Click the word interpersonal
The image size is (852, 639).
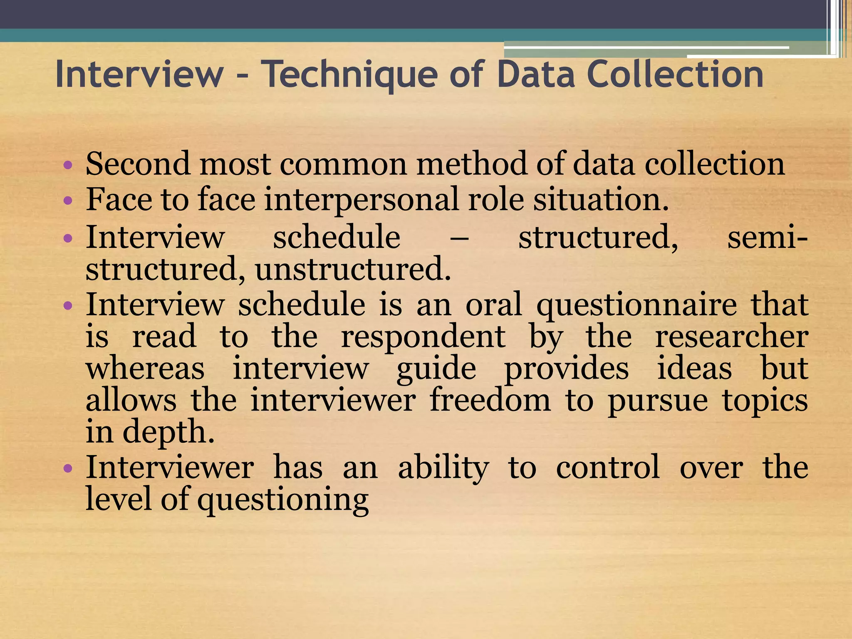pyautogui.click(x=361, y=200)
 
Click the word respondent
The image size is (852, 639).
pyautogui.click(x=423, y=337)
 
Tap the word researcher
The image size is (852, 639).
pyautogui.click(x=731, y=337)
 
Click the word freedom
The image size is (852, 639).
pyautogui.click(x=490, y=401)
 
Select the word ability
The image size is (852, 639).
pyautogui.click(x=443, y=468)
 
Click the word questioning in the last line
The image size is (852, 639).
pyautogui.click(x=283, y=500)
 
